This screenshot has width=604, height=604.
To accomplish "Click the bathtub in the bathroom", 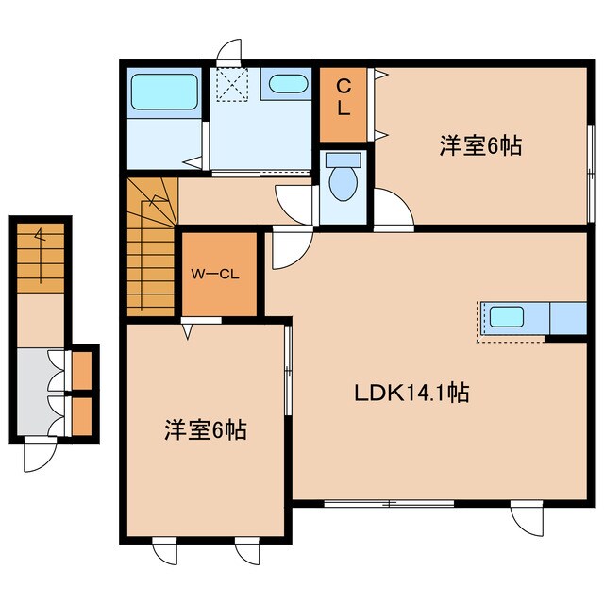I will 163,92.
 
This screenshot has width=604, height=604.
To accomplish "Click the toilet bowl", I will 343,179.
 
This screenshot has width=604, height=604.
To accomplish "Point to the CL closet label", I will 344,97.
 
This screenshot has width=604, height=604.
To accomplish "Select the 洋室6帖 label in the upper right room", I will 480,145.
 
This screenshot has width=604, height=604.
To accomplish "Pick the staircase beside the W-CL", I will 151,250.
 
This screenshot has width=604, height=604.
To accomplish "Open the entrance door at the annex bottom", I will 40,456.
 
